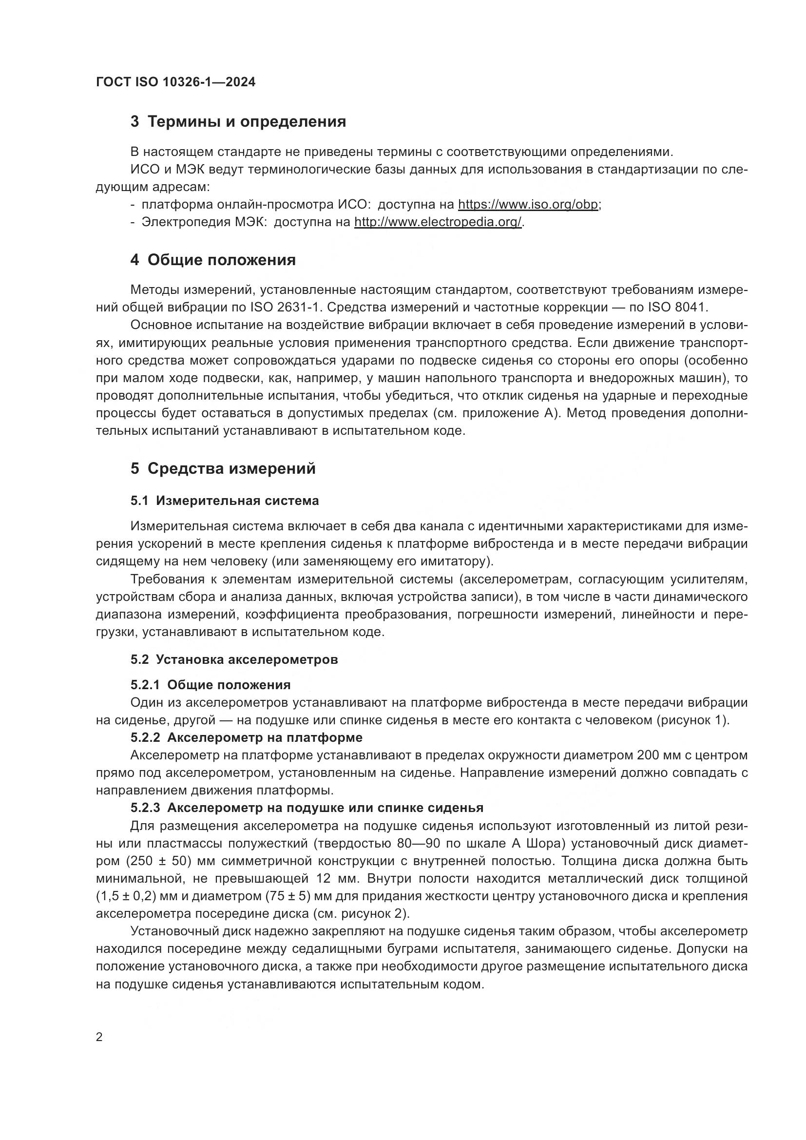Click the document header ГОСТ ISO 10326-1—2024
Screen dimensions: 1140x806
pyautogui.click(x=176, y=82)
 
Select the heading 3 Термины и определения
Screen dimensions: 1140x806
pyautogui.click(x=238, y=122)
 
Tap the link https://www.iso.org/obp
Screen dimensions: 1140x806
pyautogui.click(x=528, y=205)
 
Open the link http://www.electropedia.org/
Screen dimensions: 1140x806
pyautogui.click(x=438, y=222)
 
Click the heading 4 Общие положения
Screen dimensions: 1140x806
pyautogui.click(x=213, y=260)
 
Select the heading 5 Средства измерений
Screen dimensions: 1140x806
pyautogui.click(x=223, y=469)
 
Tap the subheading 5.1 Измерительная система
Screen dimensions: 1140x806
pyautogui.click(x=224, y=501)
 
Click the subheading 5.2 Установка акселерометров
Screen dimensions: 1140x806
pyautogui.click(x=234, y=660)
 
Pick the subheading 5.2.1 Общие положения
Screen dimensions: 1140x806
pyautogui.click(x=211, y=685)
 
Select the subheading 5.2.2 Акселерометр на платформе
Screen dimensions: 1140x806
pyautogui.click(x=246, y=738)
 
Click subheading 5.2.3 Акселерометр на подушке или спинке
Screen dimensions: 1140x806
pyautogui.click(x=307, y=808)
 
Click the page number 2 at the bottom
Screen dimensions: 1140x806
pyautogui.click(x=99, y=1038)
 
